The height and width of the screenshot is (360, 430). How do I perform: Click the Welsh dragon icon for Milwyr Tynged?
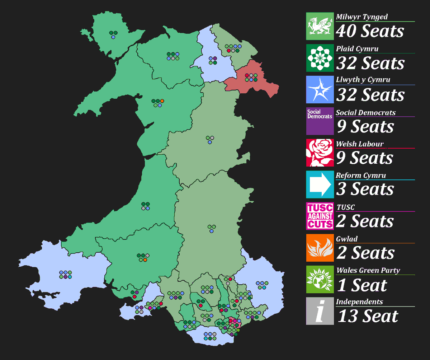tap(320, 26)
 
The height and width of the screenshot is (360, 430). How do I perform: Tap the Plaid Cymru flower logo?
tap(320, 58)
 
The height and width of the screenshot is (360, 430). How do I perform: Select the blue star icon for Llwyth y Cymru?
tap(320, 89)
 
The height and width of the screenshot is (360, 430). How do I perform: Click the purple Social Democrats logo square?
tap(320, 121)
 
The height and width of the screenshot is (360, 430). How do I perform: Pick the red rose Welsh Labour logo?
tap(320, 153)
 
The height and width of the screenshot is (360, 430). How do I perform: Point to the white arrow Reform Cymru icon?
tap(320, 184)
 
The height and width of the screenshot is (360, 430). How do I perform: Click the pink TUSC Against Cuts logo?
tap(320, 216)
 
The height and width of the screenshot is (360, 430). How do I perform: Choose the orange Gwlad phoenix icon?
tap(320, 248)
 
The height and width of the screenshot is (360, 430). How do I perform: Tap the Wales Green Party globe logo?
tap(320, 279)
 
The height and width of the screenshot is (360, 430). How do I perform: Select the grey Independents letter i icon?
tap(320, 311)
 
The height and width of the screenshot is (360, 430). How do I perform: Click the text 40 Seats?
tap(370, 31)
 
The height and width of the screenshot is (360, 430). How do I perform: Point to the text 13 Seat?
tap(368, 316)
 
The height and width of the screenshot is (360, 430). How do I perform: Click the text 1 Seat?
tap(362, 285)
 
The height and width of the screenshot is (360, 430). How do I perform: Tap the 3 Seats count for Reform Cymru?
tap(365, 189)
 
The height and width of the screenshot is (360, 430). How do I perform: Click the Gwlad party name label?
tap(347, 239)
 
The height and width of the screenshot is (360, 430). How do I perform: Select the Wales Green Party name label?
tap(368, 270)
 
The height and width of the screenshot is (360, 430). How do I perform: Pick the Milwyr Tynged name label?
tap(362, 17)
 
